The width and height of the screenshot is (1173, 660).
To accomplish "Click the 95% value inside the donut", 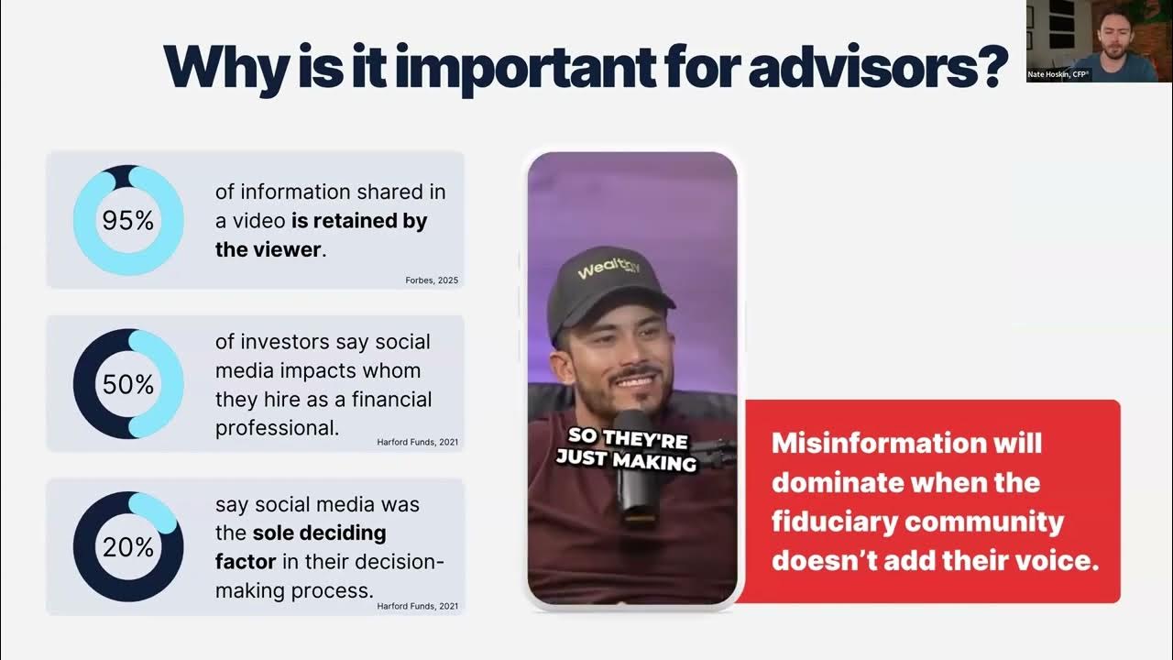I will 128,221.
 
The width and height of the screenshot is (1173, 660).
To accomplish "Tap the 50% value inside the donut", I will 128,384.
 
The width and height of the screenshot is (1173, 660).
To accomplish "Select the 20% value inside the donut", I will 128,547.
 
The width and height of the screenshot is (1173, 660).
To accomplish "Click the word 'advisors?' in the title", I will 879,65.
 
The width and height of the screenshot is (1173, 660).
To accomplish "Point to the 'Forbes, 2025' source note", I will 431,280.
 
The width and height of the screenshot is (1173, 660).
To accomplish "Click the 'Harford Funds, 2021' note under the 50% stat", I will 417,442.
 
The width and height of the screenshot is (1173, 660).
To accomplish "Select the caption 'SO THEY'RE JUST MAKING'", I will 627,449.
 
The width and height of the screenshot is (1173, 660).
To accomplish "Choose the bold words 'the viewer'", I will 268,249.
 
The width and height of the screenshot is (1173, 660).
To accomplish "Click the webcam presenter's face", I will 1113,31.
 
